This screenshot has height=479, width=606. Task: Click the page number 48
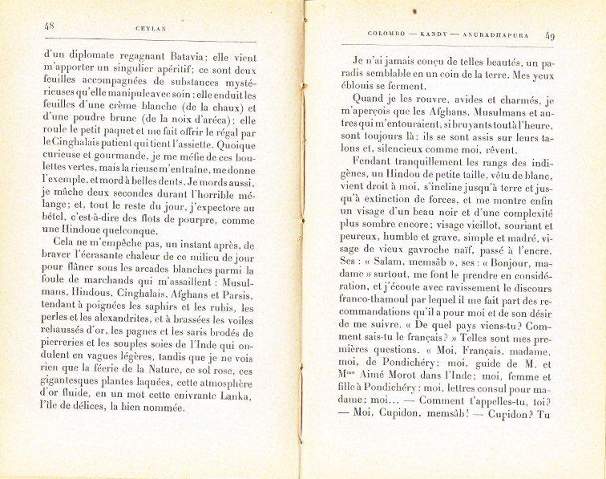(x=50, y=26)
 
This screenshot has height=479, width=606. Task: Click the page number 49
(x=551, y=35)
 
